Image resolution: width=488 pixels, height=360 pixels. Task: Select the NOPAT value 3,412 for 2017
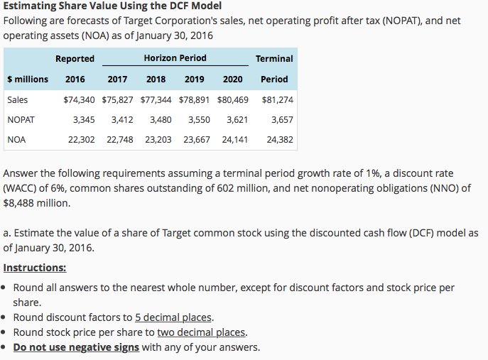click(x=121, y=120)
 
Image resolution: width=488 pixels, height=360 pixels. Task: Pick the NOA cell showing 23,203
click(x=158, y=140)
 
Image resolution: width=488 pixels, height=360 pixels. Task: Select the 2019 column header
click(x=194, y=80)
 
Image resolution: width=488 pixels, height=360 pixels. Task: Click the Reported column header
click(x=75, y=59)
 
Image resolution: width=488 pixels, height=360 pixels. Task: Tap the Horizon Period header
click(x=175, y=58)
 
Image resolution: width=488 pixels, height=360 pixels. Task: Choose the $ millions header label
click(x=28, y=80)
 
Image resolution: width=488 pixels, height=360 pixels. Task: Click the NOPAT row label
click(x=21, y=120)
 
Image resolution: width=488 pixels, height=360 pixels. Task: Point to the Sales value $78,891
click(x=195, y=100)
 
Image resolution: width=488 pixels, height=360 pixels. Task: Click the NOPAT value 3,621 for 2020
click(x=237, y=120)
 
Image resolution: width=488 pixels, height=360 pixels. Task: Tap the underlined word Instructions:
click(x=35, y=268)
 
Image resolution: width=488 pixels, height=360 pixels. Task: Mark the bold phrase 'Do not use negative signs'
click(x=76, y=347)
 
